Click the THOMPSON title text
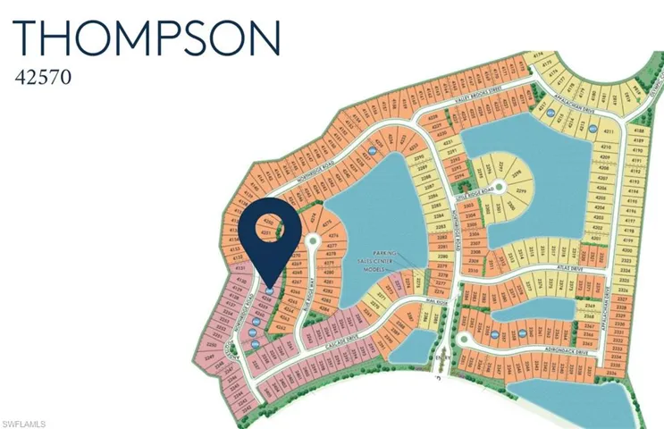148,38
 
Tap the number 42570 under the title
43,78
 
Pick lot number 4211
609,131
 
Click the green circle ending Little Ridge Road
500,187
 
